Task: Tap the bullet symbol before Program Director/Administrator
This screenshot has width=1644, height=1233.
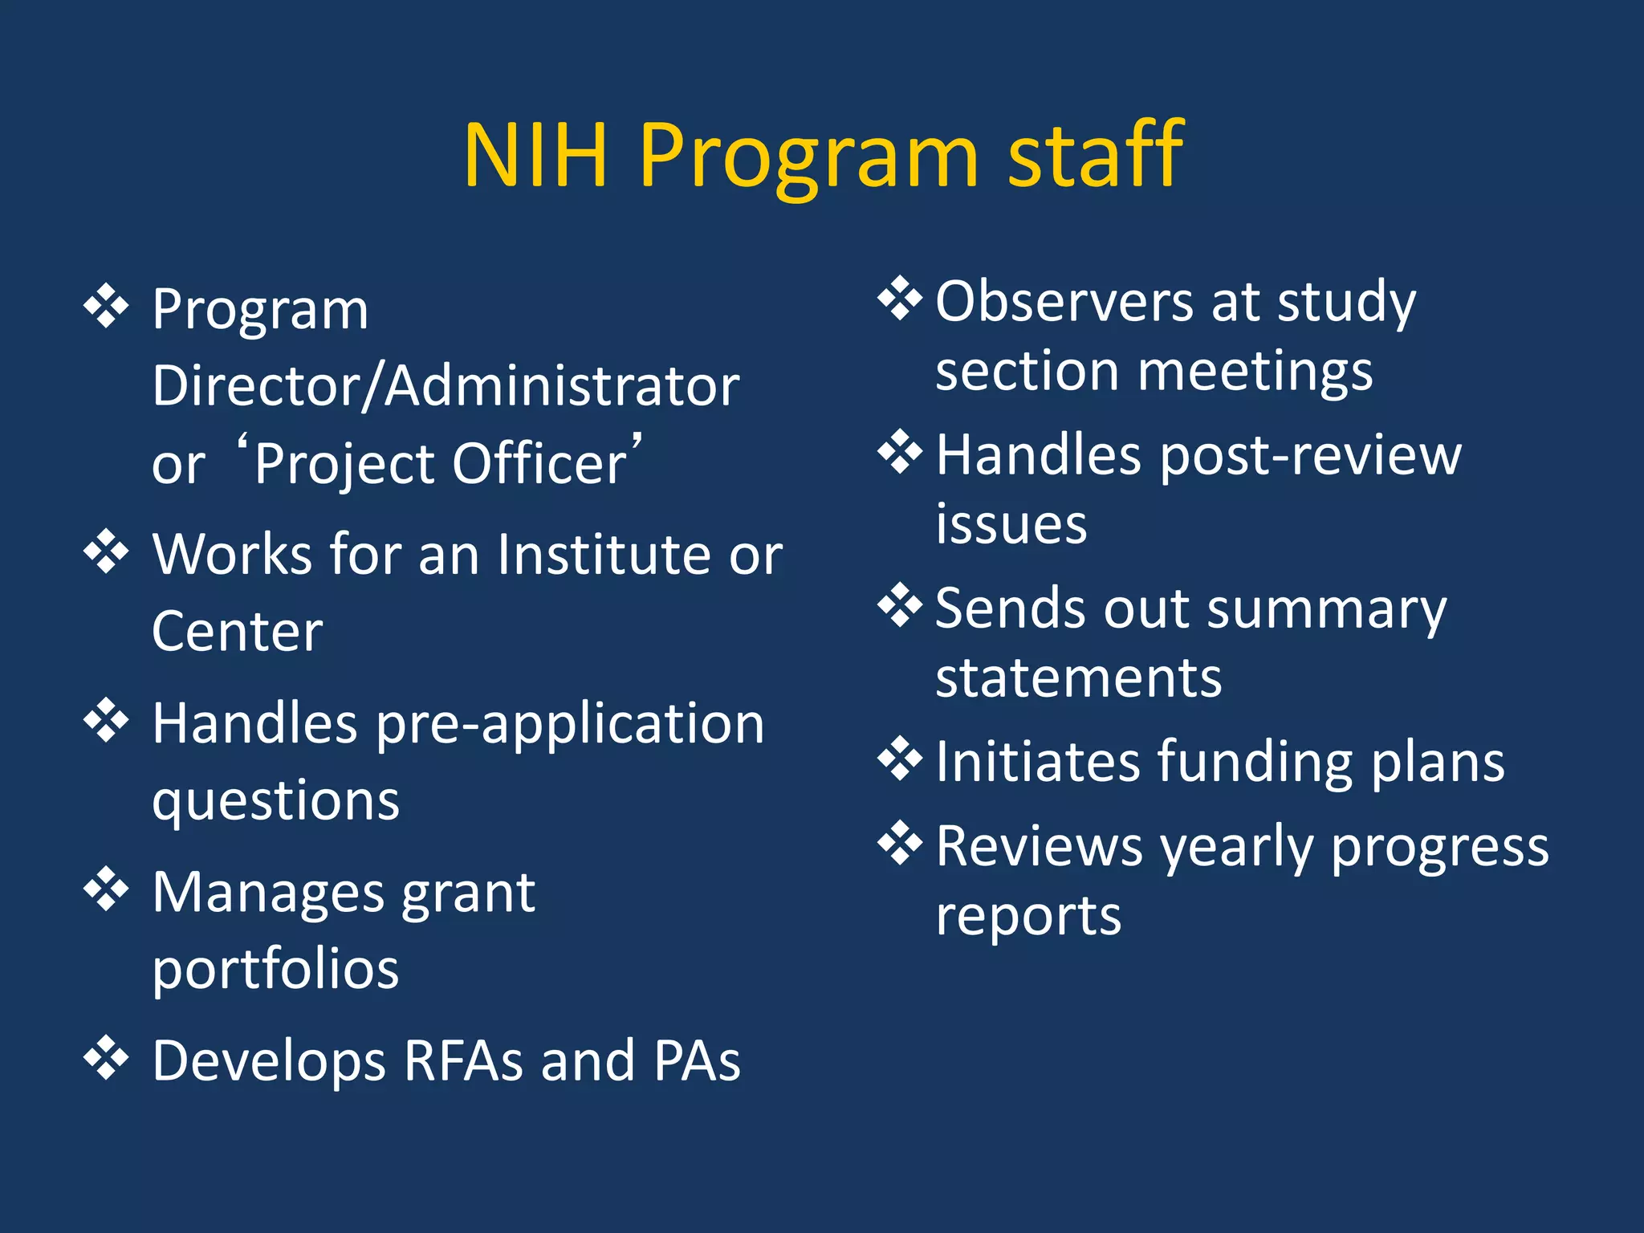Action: point(106,307)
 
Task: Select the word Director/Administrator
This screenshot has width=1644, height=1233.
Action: point(446,387)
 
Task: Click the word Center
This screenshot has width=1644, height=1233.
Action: point(237,632)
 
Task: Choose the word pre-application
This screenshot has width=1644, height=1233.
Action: point(570,724)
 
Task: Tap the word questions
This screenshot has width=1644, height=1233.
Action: point(275,801)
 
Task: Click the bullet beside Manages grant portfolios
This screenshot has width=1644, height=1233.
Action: point(106,890)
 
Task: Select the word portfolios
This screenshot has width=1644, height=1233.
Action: point(275,970)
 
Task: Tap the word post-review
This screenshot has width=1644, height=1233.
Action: point(1311,456)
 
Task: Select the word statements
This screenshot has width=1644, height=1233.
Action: point(1078,678)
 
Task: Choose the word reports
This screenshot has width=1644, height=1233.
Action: point(1028,916)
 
